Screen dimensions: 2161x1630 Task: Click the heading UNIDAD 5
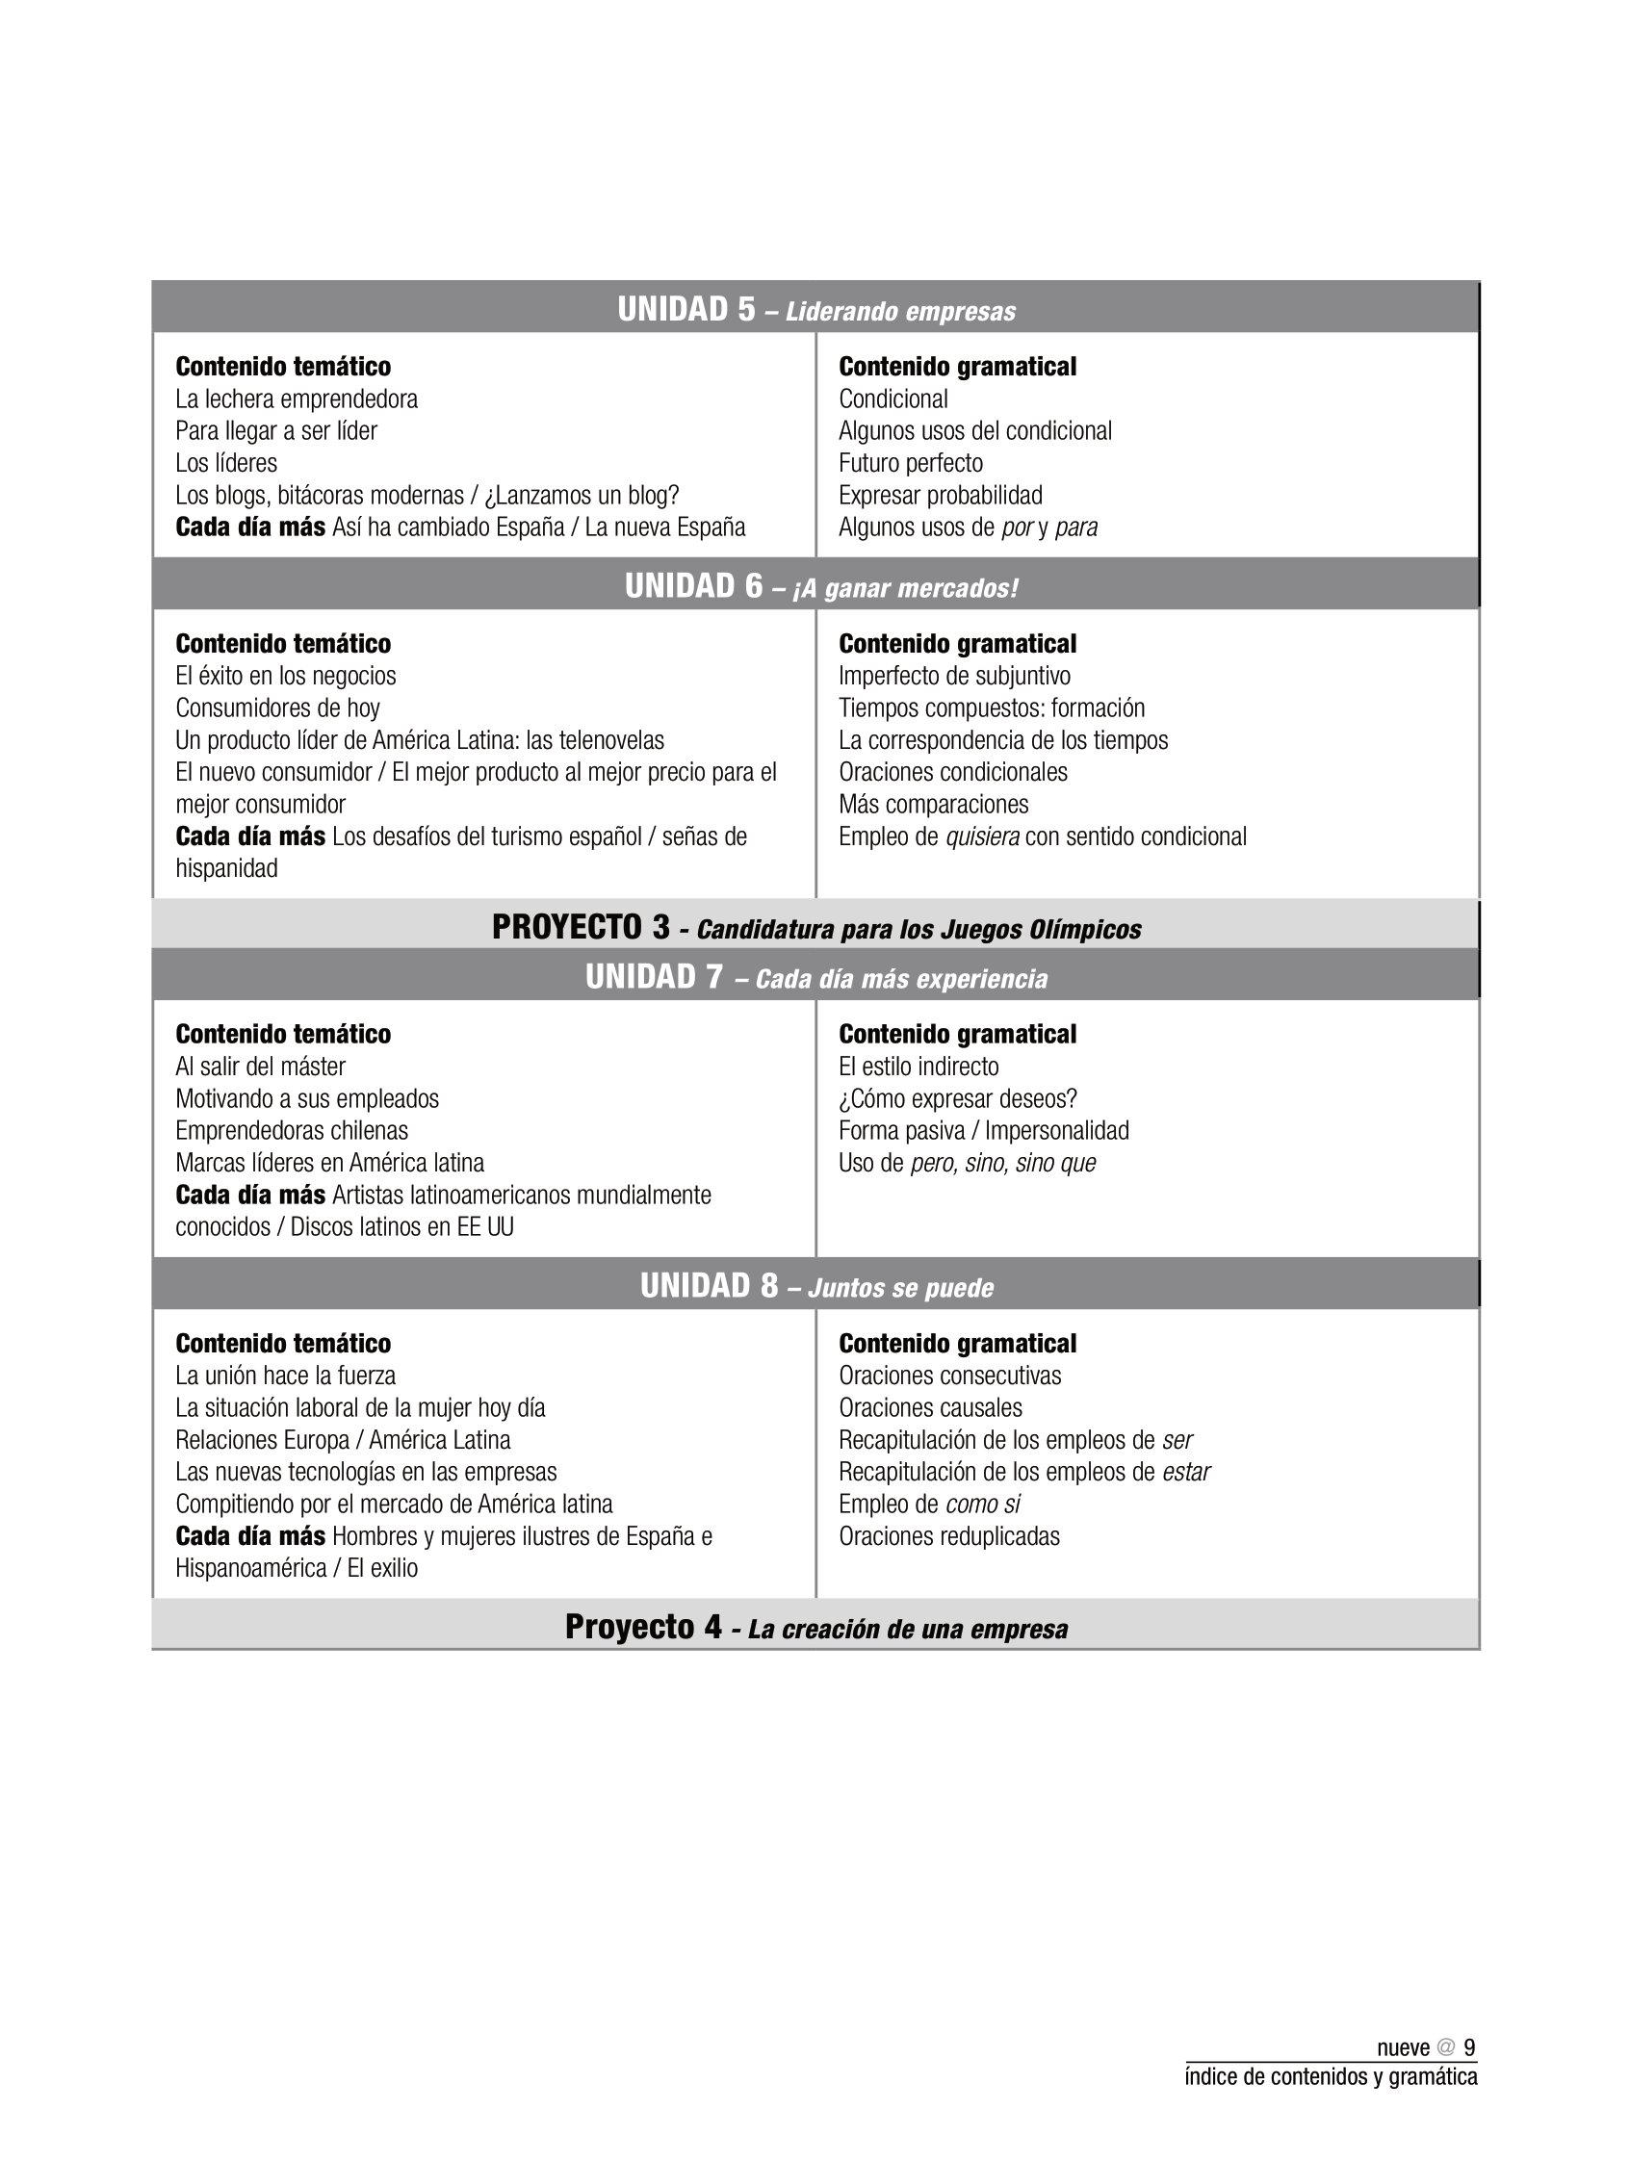point(686,310)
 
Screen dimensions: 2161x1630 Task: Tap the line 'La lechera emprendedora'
point(297,399)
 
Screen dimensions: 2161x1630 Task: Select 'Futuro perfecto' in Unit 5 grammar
point(910,463)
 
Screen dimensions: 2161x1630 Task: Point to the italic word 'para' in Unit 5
point(1076,527)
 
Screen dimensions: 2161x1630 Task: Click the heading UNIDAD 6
point(694,586)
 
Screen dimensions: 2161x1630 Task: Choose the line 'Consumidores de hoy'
point(277,707)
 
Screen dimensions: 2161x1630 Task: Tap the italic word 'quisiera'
point(982,836)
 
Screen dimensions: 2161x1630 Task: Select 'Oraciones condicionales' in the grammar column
point(953,772)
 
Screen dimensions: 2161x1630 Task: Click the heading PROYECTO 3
point(581,927)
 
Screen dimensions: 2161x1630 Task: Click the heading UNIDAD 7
point(654,977)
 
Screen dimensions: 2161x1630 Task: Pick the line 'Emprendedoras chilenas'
point(291,1130)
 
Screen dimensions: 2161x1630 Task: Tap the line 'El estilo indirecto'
point(918,1066)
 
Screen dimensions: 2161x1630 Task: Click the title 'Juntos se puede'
point(900,1288)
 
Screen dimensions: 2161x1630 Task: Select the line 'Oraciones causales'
point(930,1407)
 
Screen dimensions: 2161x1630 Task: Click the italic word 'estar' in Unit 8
point(1185,1471)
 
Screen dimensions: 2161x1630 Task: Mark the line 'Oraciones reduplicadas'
point(949,1535)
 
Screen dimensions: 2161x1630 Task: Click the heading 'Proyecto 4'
point(643,1628)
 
